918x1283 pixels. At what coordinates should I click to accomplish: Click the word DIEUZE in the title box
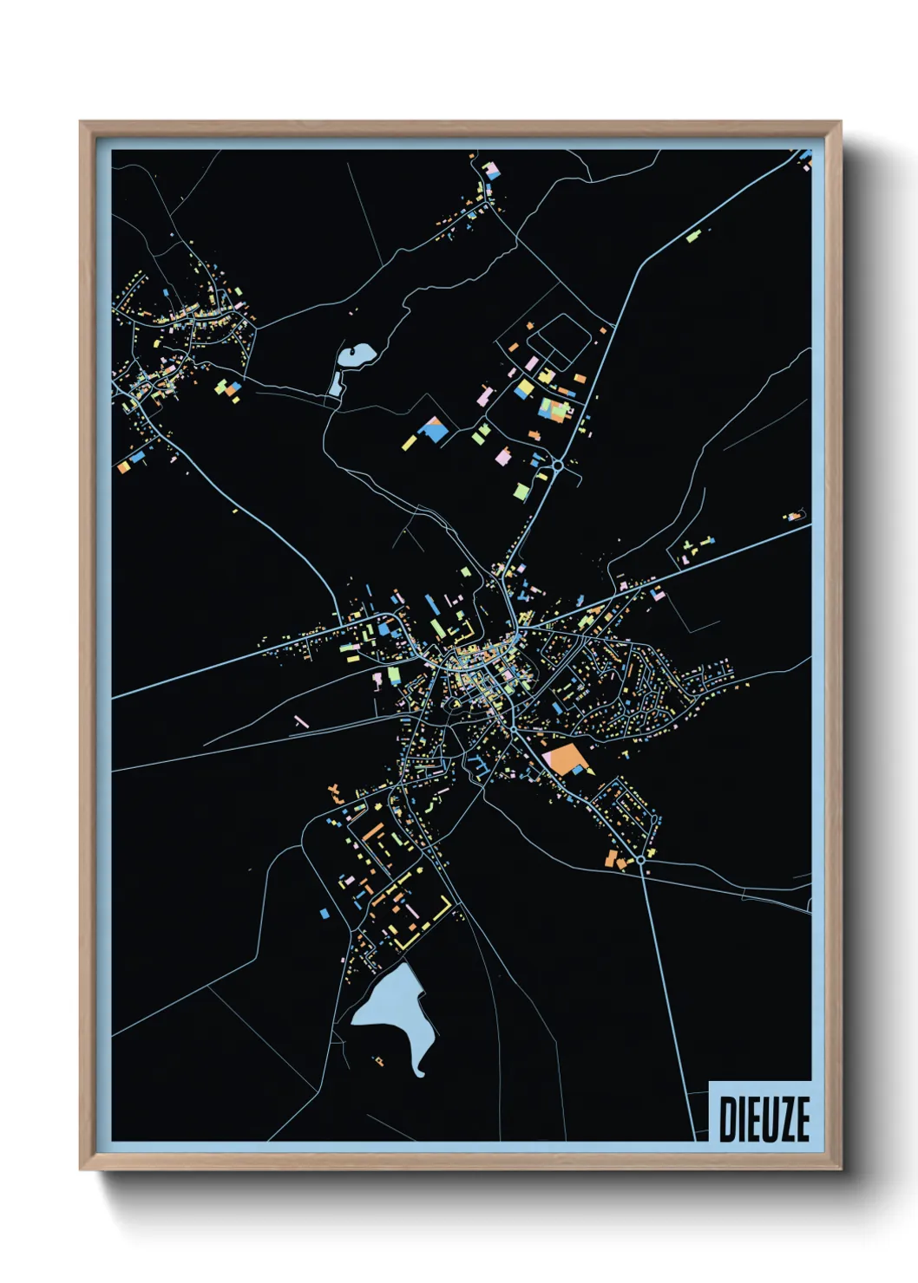point(764,1119)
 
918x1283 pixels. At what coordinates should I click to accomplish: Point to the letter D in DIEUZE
point(727,1119)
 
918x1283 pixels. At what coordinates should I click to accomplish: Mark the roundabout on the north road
point(557,466)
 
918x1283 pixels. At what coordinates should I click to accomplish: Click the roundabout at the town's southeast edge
point(640,859)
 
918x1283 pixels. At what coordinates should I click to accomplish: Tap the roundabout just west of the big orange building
point(514,731)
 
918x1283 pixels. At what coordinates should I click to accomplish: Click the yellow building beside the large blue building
point(408,443)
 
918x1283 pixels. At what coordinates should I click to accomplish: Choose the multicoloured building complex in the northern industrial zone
point(553,407)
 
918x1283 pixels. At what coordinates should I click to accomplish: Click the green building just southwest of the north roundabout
point(521,492)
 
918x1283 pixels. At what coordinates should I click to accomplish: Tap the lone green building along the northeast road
point(693,235)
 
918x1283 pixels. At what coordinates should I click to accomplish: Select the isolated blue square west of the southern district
point(324,913)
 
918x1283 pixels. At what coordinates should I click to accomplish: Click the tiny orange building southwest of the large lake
point(379,1059)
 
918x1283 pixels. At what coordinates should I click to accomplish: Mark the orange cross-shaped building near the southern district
point(335,791)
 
